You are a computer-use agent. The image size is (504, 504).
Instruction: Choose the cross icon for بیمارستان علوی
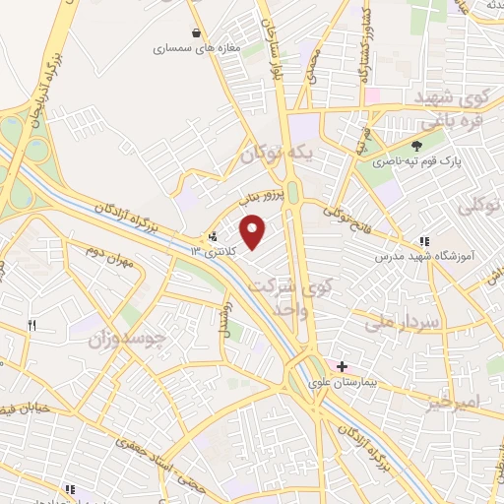pyautogui.click(x=342, y=366)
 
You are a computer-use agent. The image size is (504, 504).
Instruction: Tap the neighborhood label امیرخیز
pyautogui.click(x=457, y=403)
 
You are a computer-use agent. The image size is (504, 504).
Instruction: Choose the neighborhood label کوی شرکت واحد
pyautogui.click(x=281, y=295)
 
